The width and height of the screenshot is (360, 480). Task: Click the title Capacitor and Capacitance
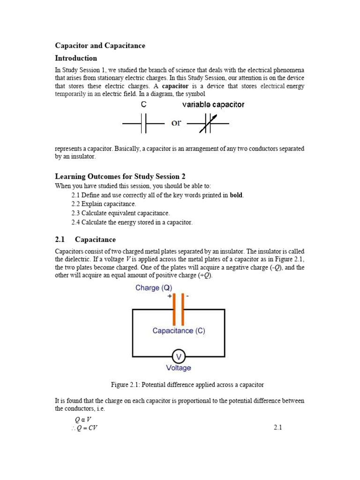(x=100, y=45)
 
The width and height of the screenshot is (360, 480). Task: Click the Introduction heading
(x=76, y=58)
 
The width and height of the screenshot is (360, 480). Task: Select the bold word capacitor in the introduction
(x=175, y=86)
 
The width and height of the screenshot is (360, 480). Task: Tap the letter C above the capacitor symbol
(x=144, y=105)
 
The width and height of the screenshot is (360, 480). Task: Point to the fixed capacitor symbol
(x=143, y=124)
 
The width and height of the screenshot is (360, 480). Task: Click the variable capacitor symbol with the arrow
(x=208, y=124)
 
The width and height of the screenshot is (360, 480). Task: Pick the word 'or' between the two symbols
(x=176, y=123)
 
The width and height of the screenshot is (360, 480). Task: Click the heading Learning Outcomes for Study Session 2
(x=120, y=176)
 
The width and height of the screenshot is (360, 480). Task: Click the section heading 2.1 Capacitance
(x=85, y=240)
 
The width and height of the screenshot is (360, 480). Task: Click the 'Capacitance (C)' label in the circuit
(x=179, y=330)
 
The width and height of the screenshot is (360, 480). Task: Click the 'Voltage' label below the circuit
(x=179, y=368)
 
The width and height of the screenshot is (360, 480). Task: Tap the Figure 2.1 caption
(x=187, y=385)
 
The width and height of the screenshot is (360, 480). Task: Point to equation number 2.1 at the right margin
(x=277, y=427)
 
